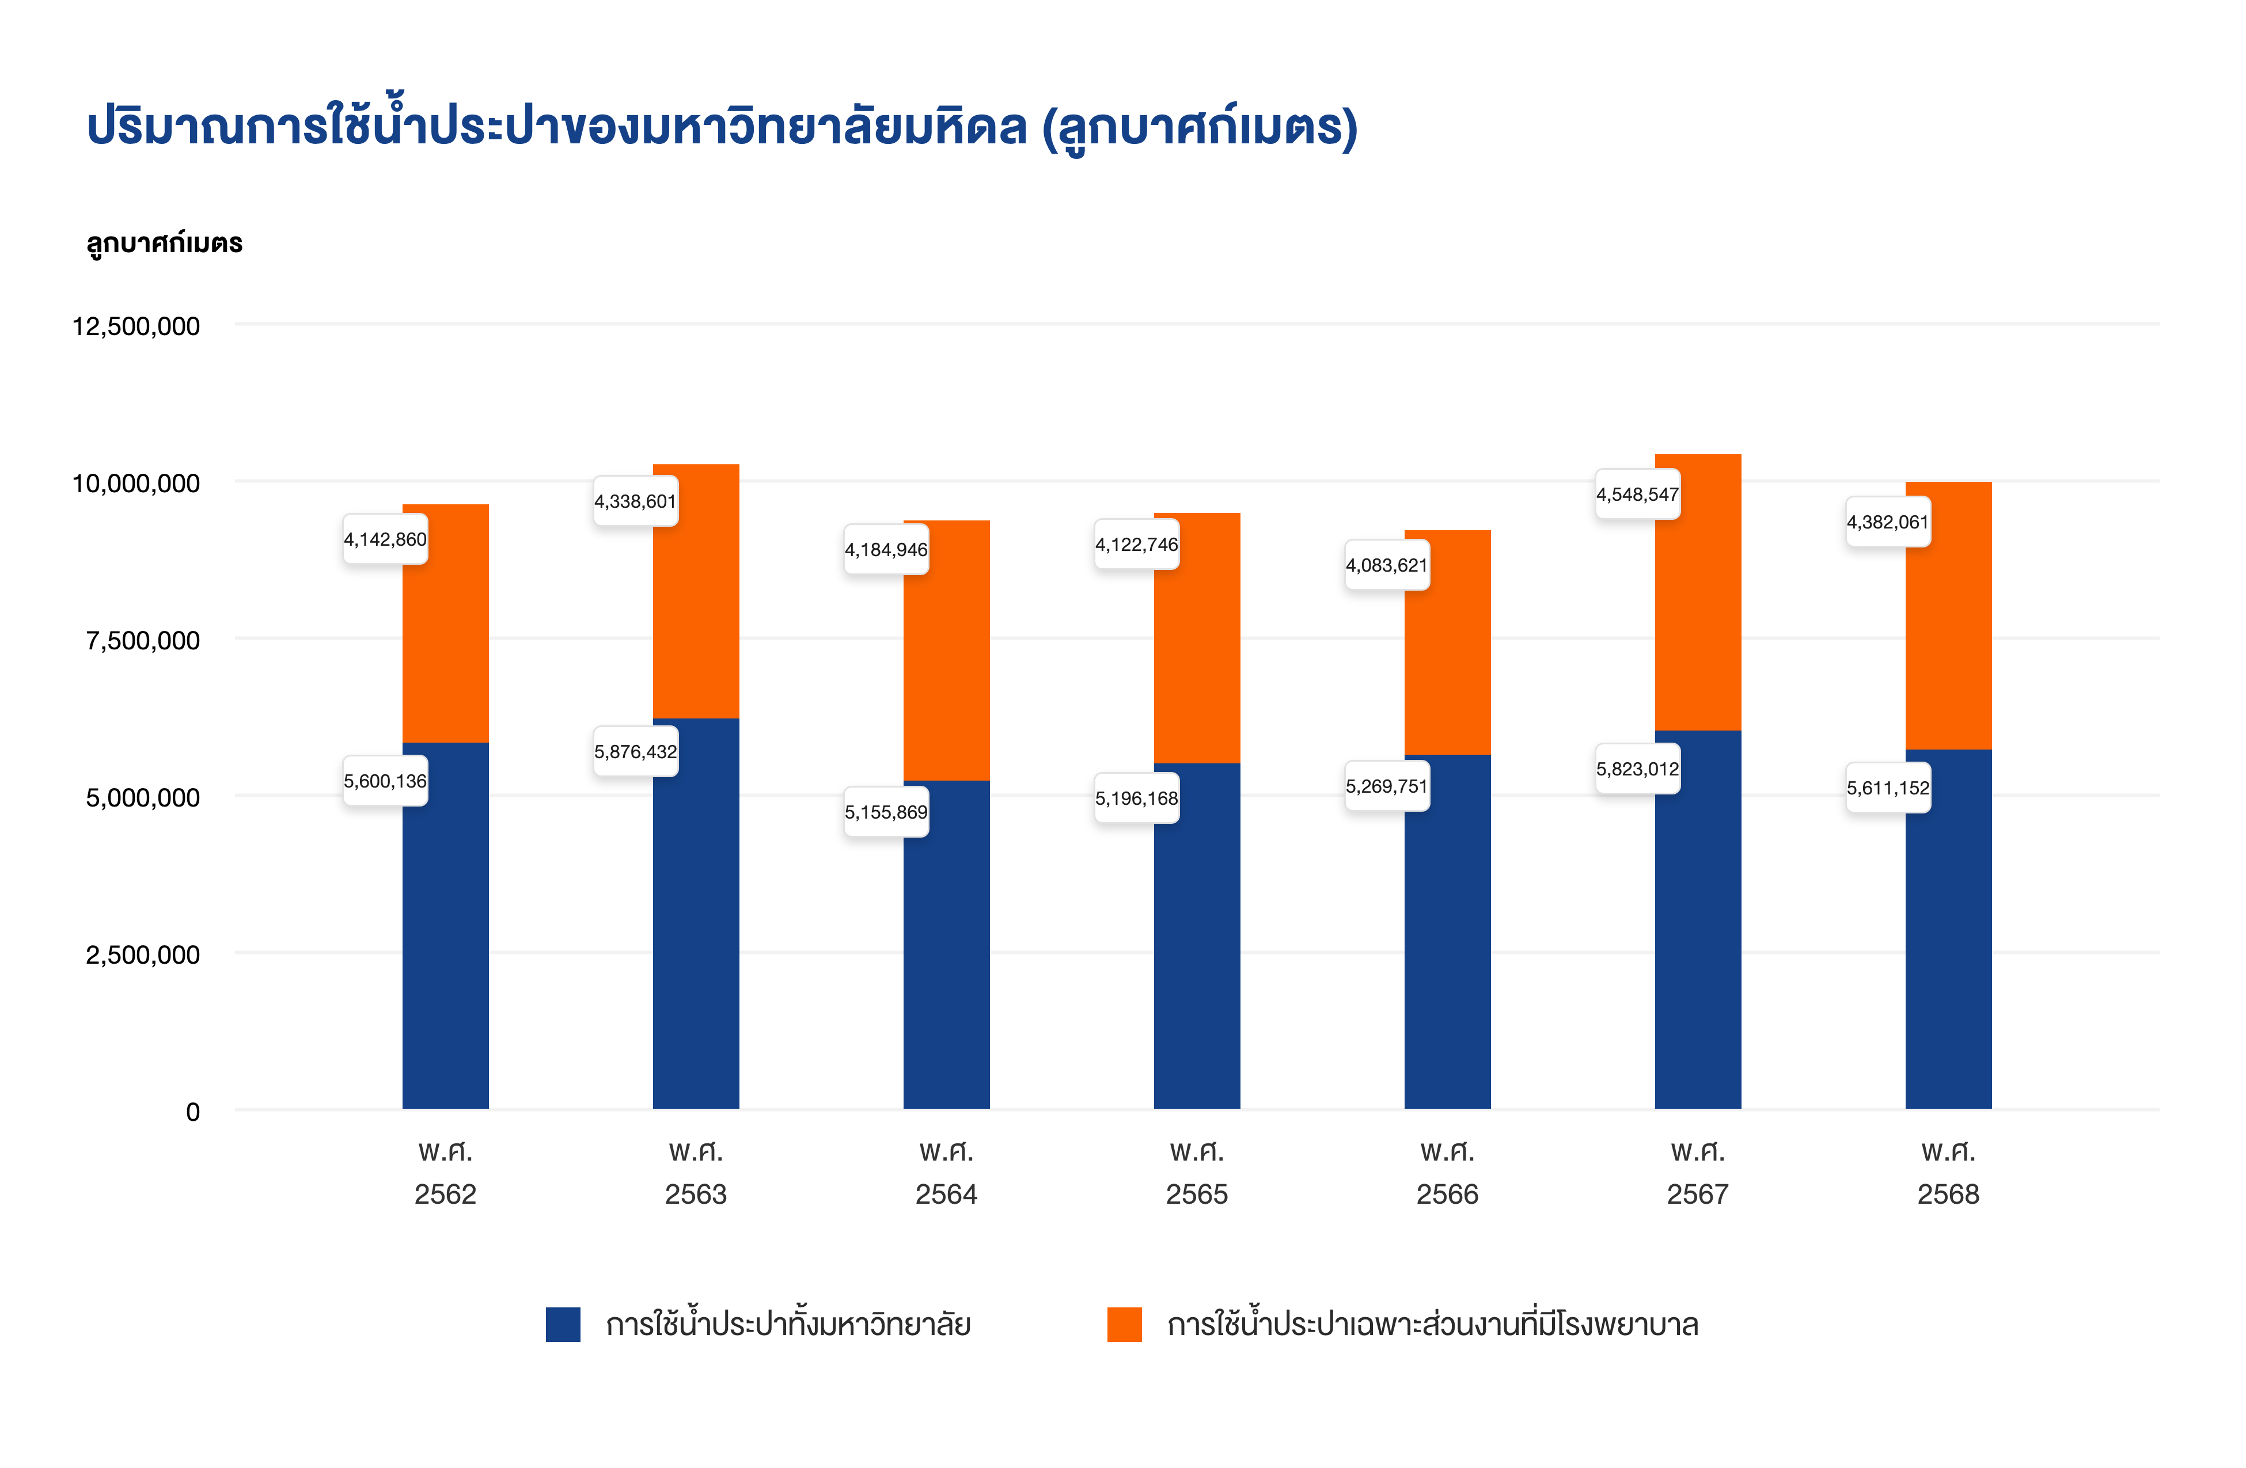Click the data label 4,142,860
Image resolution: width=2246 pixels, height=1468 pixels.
point(385,539)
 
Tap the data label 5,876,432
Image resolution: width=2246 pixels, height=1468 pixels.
point(635,752)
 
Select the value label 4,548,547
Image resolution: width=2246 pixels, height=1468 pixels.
point(1637,495)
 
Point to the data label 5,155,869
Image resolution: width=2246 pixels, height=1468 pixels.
point(886,812)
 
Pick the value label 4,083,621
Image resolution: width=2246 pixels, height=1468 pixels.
point(1386,565)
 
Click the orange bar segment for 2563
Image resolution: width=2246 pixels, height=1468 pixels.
point(696,592)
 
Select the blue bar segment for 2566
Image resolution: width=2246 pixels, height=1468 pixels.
point(1447,931)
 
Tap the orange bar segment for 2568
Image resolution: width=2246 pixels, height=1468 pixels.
point(1948,616)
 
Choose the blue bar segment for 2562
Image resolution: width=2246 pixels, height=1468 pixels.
point(445,926)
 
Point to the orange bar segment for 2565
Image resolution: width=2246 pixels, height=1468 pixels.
point(1197,638)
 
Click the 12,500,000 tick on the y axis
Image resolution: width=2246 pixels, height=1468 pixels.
point(136,326)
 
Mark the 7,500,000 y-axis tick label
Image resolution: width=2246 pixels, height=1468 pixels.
point(142,641)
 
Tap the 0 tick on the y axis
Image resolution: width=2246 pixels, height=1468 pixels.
point(192,1112)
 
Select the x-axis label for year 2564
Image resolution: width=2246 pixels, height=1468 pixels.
point(947,1173)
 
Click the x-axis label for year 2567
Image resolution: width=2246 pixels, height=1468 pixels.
point(1698,1173)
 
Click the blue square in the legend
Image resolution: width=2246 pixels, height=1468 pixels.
point(563,1325)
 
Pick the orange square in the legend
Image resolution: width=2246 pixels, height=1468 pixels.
point(1124,1325)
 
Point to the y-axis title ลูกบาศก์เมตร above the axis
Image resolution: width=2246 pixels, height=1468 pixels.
point(164,244)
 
